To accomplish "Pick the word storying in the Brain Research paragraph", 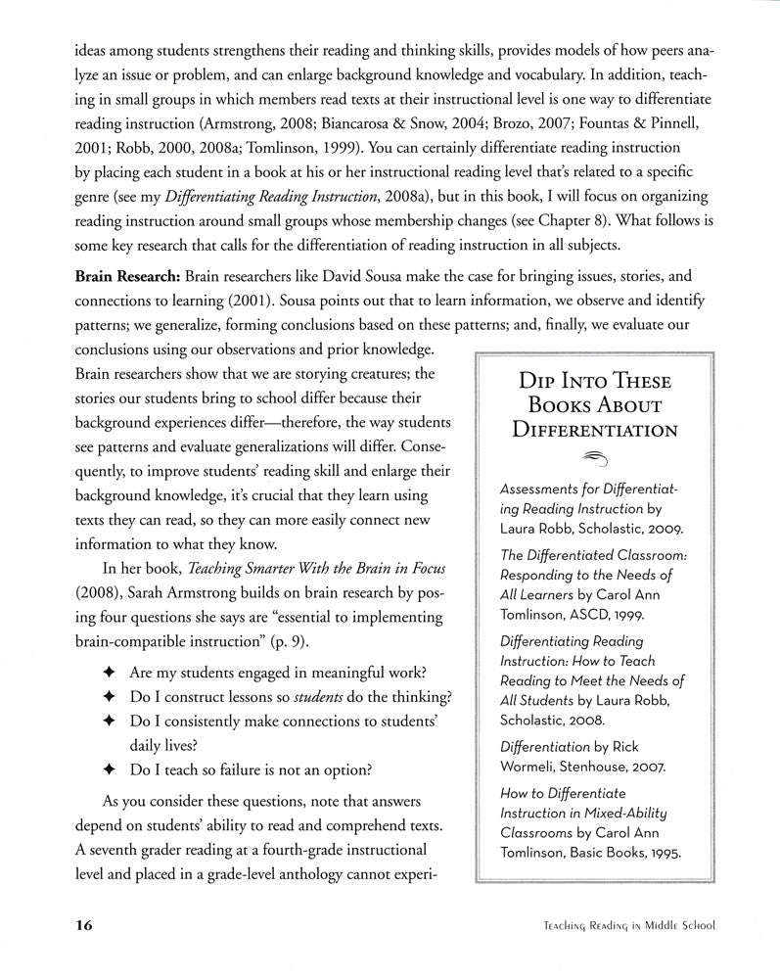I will point(298,373).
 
